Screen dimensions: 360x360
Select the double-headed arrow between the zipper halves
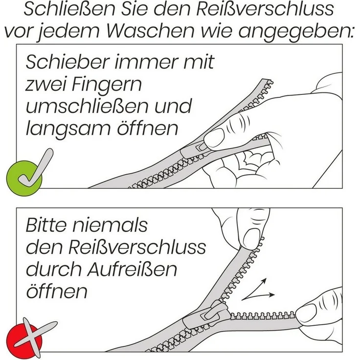(x=260, y=291)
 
